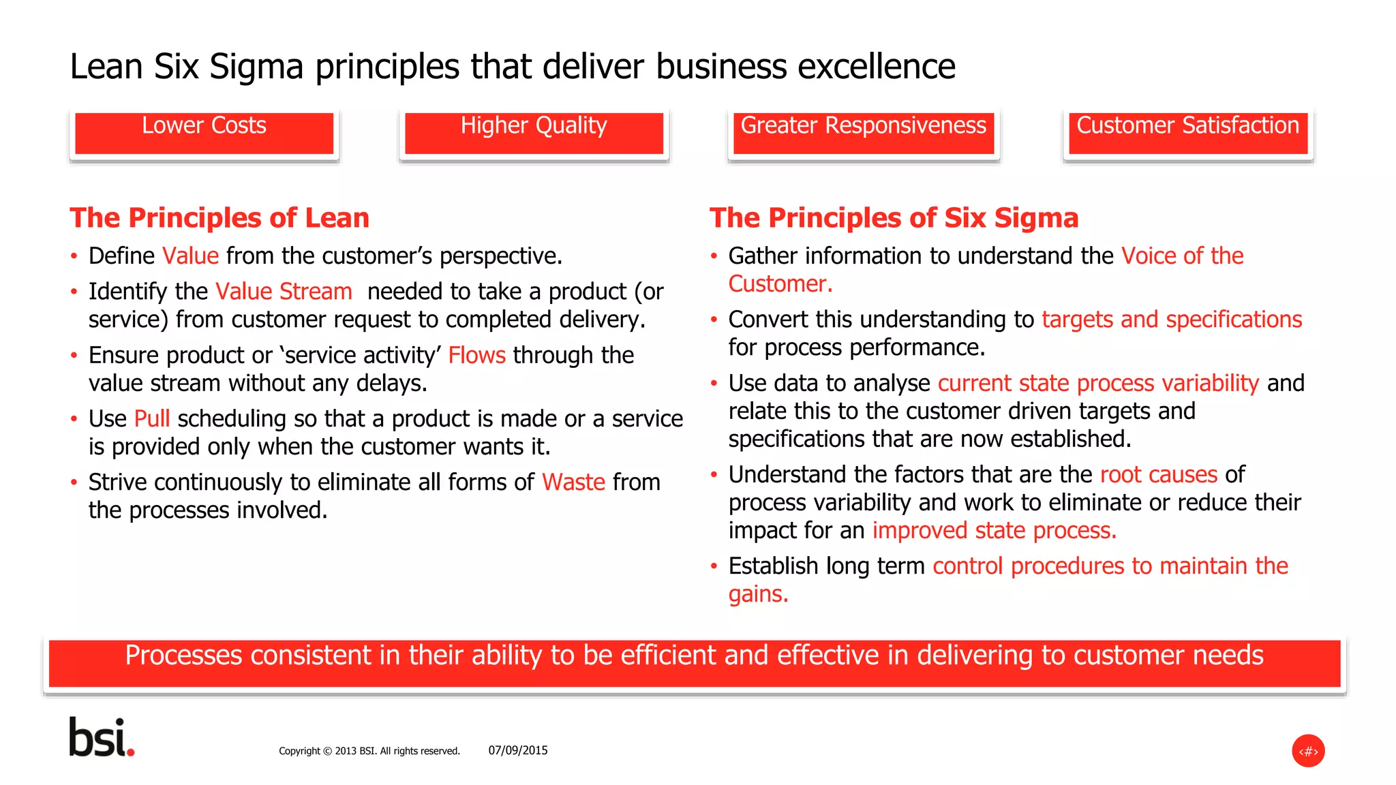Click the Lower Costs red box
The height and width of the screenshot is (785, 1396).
click(x=204, y=133)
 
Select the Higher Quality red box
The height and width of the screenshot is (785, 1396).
click(x=534, y=133)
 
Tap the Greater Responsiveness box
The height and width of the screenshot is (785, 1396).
click(x=863, y=133)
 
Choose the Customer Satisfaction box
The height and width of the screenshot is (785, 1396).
click(x=1187, y=133)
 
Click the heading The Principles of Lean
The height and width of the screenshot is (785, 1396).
click(x=219, y=218)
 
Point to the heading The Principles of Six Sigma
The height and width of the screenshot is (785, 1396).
click(x=894, y=218)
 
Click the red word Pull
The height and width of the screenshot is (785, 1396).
click(x=152, y=418)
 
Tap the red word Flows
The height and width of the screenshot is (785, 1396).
click(x=476, y=355)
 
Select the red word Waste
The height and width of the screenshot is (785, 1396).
click(x=573, y=482)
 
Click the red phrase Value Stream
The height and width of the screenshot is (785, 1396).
click(x=284, y=292)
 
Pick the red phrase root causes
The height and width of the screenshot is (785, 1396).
click(x=1159, y=474)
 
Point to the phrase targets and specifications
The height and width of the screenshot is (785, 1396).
click(x=1172, y=320)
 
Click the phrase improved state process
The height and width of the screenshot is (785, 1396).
click(x=994, y=530)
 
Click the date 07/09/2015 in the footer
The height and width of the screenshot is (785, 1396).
click(x=518, y=750)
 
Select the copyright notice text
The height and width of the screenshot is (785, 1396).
click(x=369, y=751)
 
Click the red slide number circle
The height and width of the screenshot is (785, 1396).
click(x=1308, y=751)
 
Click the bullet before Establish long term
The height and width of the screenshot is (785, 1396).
click(x=714, y=566)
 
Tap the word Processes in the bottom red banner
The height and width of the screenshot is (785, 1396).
click(x=184, y=656)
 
